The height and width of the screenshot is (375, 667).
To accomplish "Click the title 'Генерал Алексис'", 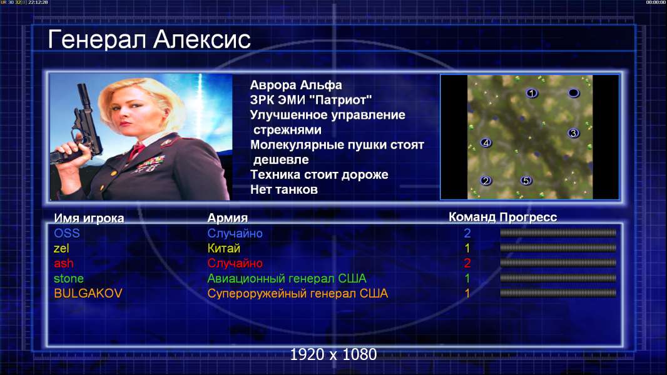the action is pyautogui.click(x=149, y=40).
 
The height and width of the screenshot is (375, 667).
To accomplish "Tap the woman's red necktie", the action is pyautogui.click(x=136, y=151).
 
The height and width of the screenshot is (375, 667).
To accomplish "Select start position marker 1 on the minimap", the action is pyautogui.click(x=531, y=93).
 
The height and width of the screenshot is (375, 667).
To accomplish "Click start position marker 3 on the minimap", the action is pyautogui.click(x=573, y=133).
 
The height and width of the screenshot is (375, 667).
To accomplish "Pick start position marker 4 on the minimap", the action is pyautogui.click(x=486, y=142).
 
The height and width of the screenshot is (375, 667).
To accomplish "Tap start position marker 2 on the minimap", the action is pyautogui.click(x=486, y=181).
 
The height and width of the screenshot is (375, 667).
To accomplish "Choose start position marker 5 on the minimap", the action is pyautogui.click(x=526, y=181).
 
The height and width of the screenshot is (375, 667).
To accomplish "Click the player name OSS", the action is pyautogui.click(x=67, y=233).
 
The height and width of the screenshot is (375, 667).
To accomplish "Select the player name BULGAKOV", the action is pyautogui.click(x=88, y=293).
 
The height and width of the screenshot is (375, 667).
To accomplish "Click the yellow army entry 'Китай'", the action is pyautogui.click(x=224, y=248).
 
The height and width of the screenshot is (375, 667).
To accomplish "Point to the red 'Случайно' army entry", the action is pyautogui.click(x=235, y=263).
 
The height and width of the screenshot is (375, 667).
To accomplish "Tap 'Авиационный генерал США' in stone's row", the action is pyautogui.click(x=287, y=278).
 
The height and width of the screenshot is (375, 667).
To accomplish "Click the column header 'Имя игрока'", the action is pyautogui.click(x=89, y=218).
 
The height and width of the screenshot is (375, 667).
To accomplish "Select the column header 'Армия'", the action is pyautogui.click(x=228, y=218).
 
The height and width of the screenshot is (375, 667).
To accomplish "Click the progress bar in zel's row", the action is pyautogui.click(x=558, y=247).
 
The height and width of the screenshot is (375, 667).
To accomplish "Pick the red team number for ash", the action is pyautogui.click(x=467, y=263).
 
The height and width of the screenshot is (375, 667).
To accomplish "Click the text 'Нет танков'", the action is pyautogui.click(x=284, y=189).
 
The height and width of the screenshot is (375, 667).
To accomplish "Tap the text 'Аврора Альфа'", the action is pyautogui.click(x=296, y=85).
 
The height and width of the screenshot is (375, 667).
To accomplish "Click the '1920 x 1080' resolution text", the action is pyautogui.click(x=333, y=354).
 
